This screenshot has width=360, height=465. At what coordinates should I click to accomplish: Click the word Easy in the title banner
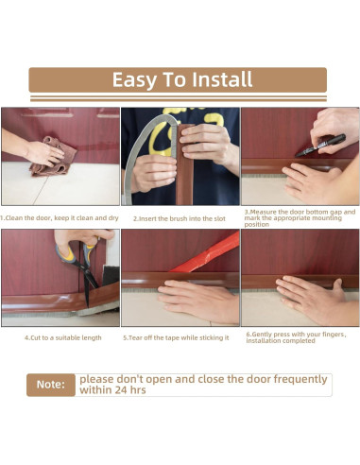(134, 80)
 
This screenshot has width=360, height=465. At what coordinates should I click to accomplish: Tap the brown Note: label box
(51, 385)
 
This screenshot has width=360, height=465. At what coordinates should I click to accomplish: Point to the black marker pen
(320, 146)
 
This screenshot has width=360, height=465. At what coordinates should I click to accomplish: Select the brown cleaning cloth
(54, 157)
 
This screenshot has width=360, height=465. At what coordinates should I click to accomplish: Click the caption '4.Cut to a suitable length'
(63, 337)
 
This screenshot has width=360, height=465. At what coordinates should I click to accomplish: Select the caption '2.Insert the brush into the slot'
(180, 218)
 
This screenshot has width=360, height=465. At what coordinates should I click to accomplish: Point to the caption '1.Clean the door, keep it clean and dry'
(60, 218)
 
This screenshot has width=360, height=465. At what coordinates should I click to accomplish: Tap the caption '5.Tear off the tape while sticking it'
(176, 337)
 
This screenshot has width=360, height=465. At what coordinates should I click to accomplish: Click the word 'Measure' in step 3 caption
(264, 212)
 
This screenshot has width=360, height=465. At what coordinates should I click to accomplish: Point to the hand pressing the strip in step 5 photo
(199, 300)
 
